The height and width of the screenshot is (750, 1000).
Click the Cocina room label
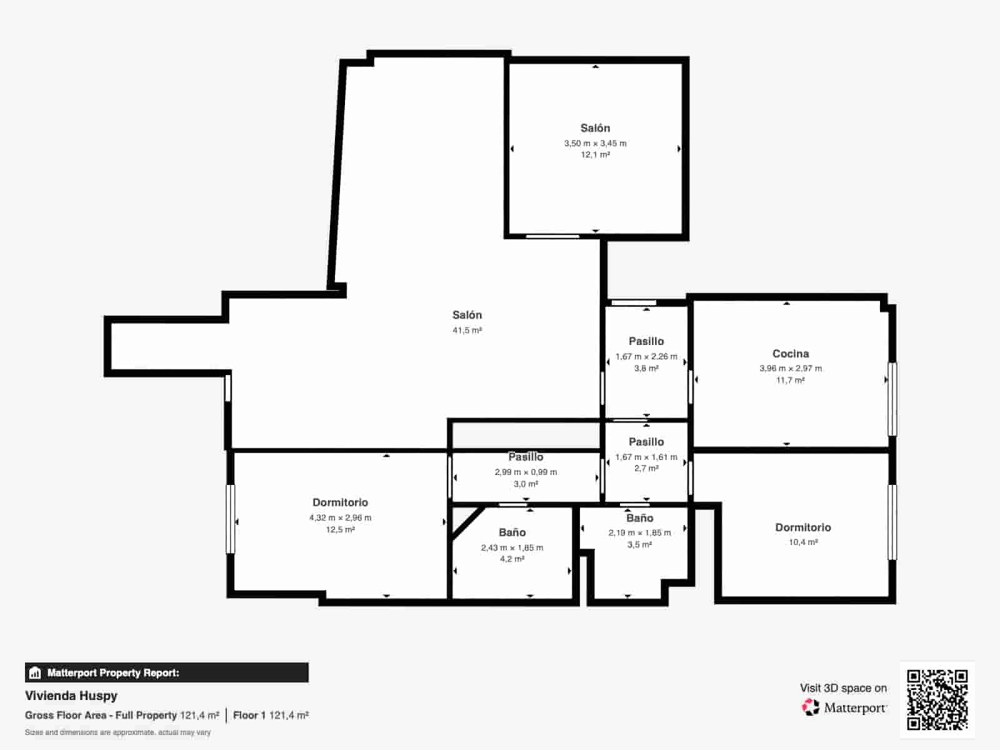point(791,353)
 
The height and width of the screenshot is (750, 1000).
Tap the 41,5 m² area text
point(467,330)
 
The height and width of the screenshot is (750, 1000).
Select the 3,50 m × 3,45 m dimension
point(595,143)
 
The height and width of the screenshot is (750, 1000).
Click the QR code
point(937,700)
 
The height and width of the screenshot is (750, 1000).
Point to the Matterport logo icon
point(811,707)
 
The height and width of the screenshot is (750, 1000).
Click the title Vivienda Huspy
point(71,696)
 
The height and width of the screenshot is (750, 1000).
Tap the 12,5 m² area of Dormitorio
point(340,529)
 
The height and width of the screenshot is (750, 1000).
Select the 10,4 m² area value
point(802,542)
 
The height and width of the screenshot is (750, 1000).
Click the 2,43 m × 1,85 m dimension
point(512,547)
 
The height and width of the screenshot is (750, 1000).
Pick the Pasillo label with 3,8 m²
point(646,341)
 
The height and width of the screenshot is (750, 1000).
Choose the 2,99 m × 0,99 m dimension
point(526,472)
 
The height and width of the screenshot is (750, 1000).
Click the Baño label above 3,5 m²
point(639,517)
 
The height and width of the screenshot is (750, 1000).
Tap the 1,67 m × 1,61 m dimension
point(646,457)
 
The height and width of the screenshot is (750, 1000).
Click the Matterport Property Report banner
point(167,672)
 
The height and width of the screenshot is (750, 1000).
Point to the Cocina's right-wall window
point(892,399)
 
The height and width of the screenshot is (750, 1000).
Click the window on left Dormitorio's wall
point(231,519)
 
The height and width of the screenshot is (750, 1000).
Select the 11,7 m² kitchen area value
point(791,380)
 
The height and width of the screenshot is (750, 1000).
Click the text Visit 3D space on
point(843,688)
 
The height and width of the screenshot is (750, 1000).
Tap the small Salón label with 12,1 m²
point(595,128)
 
